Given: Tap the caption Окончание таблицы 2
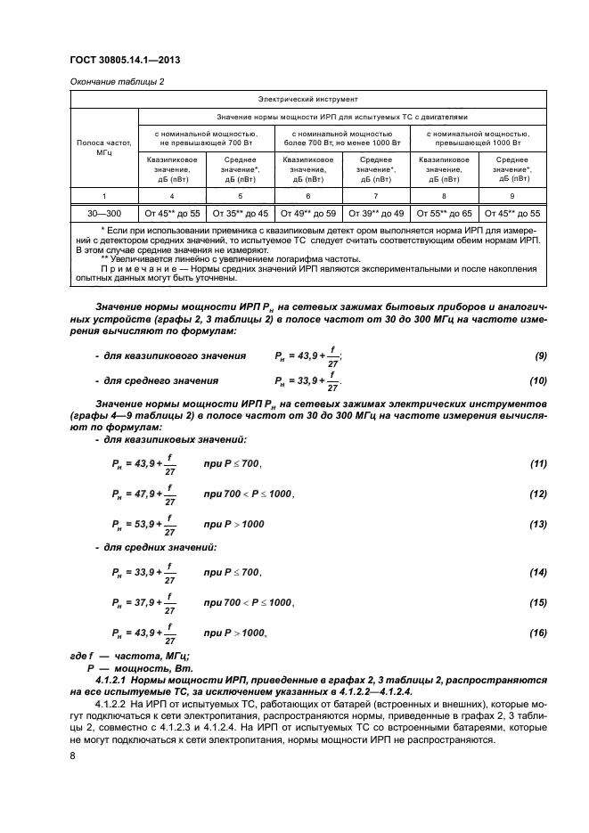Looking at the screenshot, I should [x=117, y=82].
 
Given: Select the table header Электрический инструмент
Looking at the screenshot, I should [x=307, y=100].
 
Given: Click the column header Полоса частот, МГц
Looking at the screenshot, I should [x=104, y=148].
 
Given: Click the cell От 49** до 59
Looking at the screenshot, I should [x=307, y=213].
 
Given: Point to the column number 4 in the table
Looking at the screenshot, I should [x=172, y=194].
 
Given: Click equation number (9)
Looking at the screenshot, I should [x=540, y=356].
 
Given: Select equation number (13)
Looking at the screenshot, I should [x=538, y=525].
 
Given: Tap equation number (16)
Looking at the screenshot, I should [x=538, y=633].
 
